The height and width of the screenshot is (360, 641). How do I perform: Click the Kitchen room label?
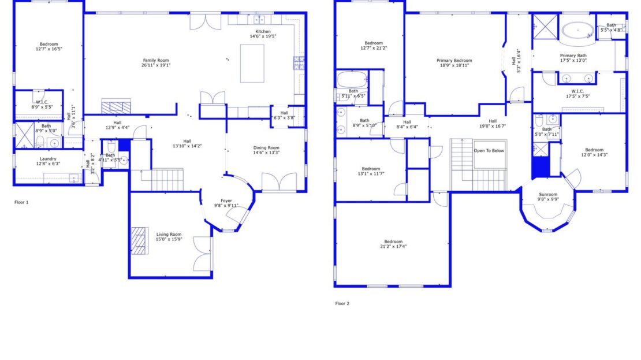tap(263, 31)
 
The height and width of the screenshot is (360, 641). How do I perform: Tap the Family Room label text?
tap(156, 60)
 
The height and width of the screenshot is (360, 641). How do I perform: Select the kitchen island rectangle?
tap(252, 63)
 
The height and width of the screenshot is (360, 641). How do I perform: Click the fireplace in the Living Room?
tap(139, 241)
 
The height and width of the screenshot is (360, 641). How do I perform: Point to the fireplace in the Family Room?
tap(117, 107)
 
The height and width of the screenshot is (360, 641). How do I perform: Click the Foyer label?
tap(226, 201)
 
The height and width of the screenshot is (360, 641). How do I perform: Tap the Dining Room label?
tap(266, 147)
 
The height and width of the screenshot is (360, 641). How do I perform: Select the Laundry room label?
tap(48, 158)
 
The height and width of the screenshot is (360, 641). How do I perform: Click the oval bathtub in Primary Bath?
tap(578, 30)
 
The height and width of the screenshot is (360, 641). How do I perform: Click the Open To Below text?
tap(489, 150)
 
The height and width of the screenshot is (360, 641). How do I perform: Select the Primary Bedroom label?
tap(454, 60)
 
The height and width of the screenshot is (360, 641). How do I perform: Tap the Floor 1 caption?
tap(21, 202)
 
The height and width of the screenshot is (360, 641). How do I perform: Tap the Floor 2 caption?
tap(342, 303)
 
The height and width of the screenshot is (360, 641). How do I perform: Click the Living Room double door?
tap(203, 254)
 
